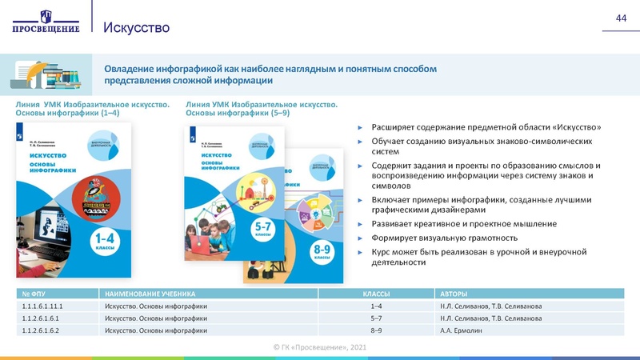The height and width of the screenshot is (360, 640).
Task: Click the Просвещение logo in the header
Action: point(46,22)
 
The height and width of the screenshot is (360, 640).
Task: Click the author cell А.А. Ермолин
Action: point(462,330)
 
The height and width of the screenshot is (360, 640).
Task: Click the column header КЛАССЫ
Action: point(376,294)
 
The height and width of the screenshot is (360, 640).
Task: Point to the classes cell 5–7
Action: point(376,318)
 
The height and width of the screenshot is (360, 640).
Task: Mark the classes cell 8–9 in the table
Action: point(376,330)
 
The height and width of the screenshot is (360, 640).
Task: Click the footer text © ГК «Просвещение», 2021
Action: point(320,346)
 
